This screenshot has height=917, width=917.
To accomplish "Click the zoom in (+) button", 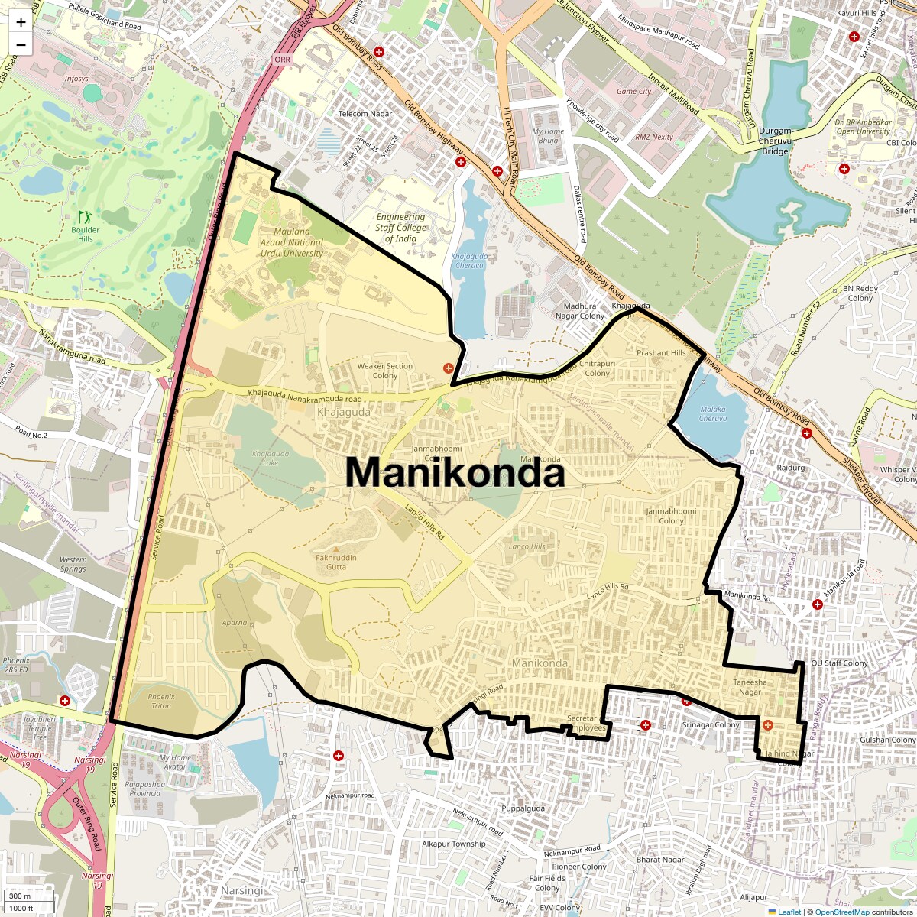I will [x=21, y=22].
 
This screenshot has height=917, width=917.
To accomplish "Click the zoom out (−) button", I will [x=21, y=45].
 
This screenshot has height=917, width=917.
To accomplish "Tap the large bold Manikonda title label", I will [x=455, y=472].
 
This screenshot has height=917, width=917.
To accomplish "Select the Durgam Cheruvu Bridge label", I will [x=775, y=141].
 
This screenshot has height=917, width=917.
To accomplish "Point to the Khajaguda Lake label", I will [x=271, y=458].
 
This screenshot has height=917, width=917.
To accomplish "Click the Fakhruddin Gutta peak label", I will [x=336, y=562].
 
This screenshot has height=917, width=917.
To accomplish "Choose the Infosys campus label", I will [x=76, y=79].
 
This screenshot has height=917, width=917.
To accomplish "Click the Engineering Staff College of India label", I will [x=400, y=228].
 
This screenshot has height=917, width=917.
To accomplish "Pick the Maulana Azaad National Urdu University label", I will [x=292, y=242].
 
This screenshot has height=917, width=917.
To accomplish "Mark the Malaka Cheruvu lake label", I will [x=713, y=413].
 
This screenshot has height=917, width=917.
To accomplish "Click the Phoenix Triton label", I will [x=161, y=701].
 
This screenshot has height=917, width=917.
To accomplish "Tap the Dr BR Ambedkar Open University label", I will [x=864, y=126].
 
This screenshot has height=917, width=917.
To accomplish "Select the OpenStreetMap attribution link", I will [x=842, y=912].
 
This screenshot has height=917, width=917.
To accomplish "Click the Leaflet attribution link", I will [x=789, y=912].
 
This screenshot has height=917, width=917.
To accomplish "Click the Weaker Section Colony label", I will [x=385, y=371].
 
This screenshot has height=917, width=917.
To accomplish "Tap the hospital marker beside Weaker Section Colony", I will [x=449, y=368].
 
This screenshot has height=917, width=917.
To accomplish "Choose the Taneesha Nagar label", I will [x=750, y=687].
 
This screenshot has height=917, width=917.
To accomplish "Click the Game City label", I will [x=633, y=92].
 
